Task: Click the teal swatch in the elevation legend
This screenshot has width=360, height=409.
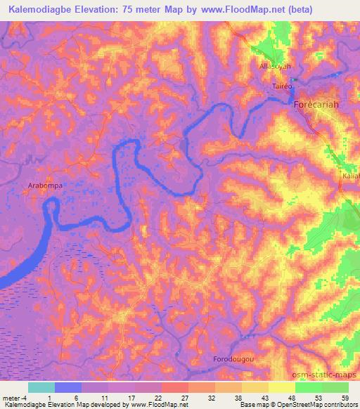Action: coord(41,387)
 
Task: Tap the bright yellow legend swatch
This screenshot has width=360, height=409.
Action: coord(282,387)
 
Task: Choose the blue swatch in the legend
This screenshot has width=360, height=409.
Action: coord(68,387)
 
